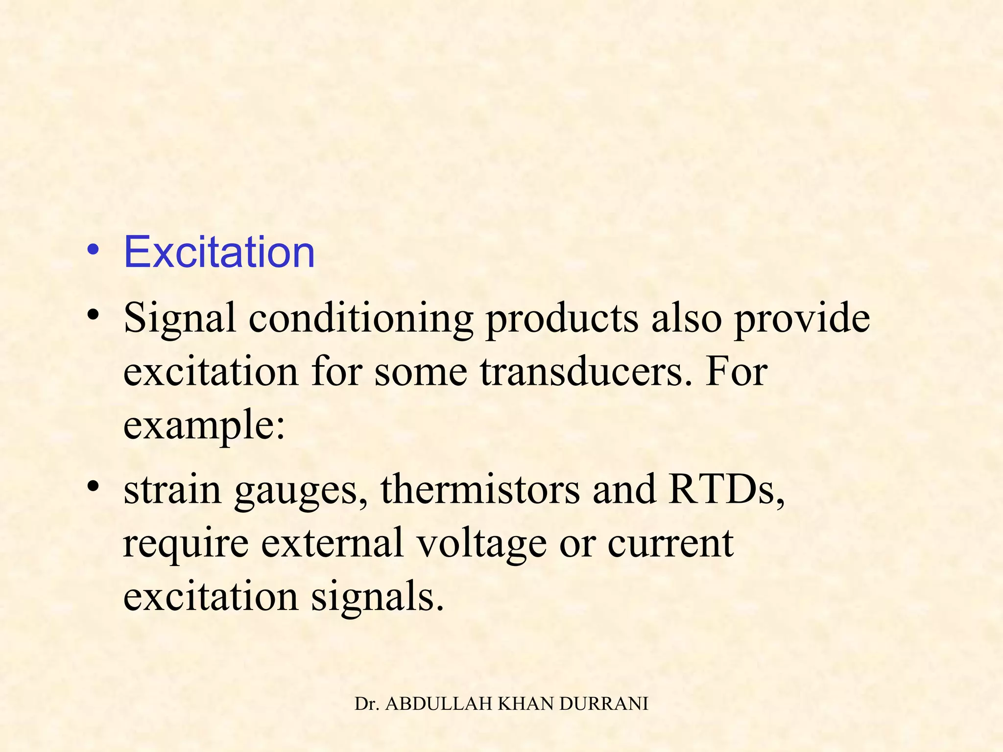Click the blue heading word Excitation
pos(219,252)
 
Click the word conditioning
pos(361,319)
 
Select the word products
pos(562,319)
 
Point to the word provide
pos(802,319)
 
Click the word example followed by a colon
pos(203,425)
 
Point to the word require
pos(186,543)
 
